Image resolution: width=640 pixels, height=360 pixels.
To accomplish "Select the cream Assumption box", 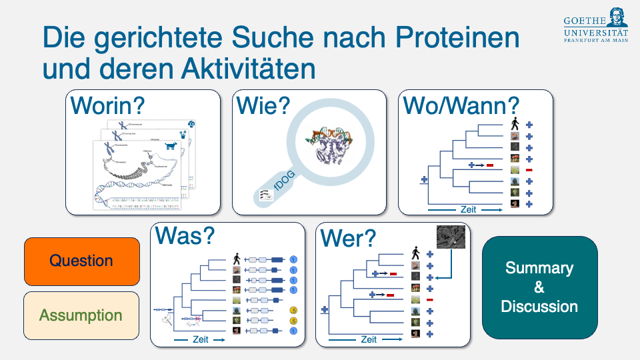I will point(82,315).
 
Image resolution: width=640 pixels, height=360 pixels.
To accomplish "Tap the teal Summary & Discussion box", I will point(539,287).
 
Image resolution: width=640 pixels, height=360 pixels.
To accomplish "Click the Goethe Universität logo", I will point(596,24).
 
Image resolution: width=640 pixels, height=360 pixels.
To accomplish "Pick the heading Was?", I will point(185,235).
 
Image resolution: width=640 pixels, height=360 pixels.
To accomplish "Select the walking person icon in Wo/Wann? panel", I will point(515,124).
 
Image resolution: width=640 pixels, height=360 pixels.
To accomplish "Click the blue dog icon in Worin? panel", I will point(173,145).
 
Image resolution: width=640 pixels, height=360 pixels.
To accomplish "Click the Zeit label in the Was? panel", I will point(200,339).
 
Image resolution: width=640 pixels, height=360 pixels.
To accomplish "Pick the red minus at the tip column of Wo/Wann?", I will point(529,170).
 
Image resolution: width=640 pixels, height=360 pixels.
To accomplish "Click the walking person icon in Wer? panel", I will point(415,253).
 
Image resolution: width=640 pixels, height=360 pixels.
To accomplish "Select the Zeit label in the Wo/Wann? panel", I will point(469,209).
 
